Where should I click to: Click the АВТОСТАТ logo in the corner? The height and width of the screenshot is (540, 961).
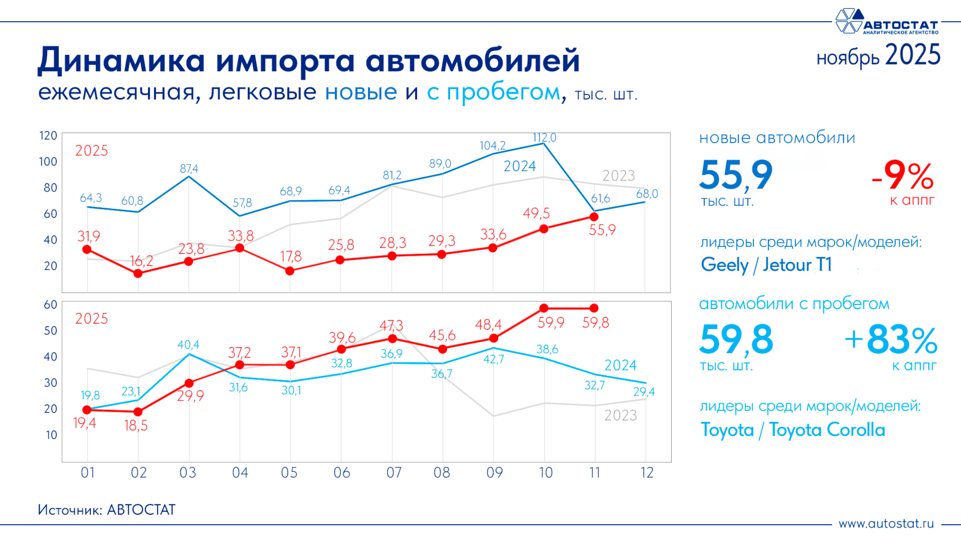coord(887,22)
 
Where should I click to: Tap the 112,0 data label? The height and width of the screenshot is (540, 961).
coord(544,138)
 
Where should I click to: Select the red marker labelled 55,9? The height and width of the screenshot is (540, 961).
coord(594,217)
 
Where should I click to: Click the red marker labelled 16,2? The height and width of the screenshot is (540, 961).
coord(138,273)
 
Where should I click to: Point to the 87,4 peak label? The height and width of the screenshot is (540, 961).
coord(189,169)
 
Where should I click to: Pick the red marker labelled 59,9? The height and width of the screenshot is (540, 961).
coord(544,308)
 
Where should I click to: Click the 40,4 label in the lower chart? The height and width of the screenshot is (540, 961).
coord(188,345)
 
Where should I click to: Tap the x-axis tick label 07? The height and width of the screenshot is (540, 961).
coord(394,473)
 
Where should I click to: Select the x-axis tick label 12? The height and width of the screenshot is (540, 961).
coord(647,473)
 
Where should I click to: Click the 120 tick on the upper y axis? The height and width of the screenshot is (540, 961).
coord(48,136)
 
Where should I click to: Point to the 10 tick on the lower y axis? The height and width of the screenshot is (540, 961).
coord(51,435)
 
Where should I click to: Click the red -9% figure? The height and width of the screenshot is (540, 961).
coord(903,176)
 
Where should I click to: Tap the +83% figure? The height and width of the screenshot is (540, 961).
coord(891,340)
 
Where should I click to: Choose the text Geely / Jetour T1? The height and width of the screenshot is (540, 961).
coord(766,265)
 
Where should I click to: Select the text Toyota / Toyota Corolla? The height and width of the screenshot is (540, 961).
coord(793,430)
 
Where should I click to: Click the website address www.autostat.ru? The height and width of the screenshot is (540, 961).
coord(886,524)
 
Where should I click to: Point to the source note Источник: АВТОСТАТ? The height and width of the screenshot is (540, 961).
coord(107,510)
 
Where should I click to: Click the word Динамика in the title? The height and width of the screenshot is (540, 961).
coord(121,60)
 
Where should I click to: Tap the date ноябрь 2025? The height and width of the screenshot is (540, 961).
coord(878,56)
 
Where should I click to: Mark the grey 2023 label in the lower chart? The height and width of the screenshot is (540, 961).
coord(620,415)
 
